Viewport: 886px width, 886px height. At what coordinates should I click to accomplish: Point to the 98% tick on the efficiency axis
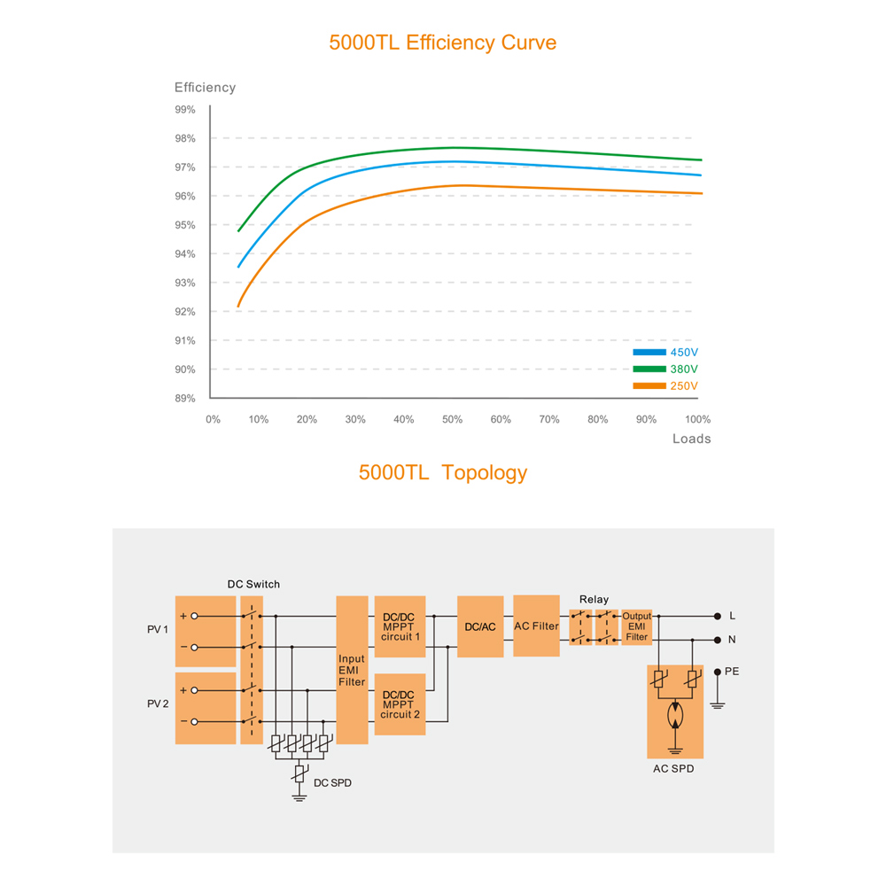tap(185, 138)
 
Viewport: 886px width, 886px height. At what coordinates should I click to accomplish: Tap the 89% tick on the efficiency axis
tap(185, 398)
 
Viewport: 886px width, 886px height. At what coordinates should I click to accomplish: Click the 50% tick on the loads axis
tap(452, 419)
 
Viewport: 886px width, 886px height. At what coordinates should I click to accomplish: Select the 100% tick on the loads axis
tap(698, 419)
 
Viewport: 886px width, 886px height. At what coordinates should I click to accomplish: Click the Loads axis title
tap(691, 439)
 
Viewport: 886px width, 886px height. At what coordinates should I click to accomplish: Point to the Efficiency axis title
tap(205, 88)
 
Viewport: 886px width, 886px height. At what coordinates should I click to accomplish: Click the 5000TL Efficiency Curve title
tap(442, 43)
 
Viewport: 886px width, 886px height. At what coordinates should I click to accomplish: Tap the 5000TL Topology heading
tap(442, 472)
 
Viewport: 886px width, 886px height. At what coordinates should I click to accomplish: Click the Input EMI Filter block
tap(352, 670)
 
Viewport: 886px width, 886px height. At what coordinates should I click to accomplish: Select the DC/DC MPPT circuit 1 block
tap(400, 626)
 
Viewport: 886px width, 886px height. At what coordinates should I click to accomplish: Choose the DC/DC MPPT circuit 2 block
tap(400, 704)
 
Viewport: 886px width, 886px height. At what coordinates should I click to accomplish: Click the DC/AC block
tap(480, 626)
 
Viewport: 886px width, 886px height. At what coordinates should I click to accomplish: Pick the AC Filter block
tap(536, 626)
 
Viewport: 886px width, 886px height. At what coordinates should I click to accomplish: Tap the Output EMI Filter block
tap(637, 626)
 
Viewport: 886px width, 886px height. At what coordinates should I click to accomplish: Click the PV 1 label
tap(158, 630)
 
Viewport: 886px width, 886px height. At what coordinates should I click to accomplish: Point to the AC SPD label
tap(673, 769)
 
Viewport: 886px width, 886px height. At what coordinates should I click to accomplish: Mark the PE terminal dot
tap(717, 672)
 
